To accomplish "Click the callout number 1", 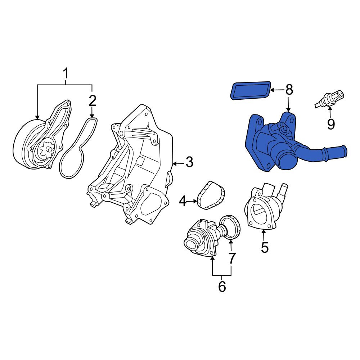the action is (x=66, y=74).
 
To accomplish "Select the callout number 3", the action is (x=189, y=162).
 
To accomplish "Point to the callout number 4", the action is (x=183, y=201).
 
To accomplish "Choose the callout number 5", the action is (x=265, y=247).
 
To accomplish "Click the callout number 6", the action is (x=222, y=286).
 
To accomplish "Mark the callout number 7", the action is (x=232, y=258).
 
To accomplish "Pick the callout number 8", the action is (x=289, y=89).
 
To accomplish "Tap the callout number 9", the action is (x=330, y=124).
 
